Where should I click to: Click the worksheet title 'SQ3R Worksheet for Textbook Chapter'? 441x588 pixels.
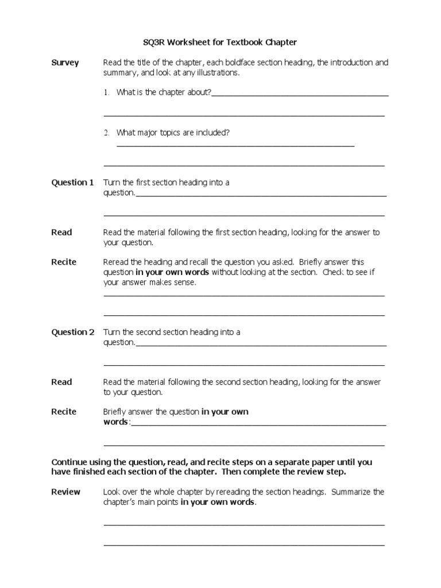click(220, 42)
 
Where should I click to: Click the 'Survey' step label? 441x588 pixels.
click(65, 63)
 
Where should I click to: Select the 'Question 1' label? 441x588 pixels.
click(72, 183)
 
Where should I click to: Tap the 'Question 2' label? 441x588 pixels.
click(72, 332)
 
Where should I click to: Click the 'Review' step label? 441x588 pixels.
click(65, 492)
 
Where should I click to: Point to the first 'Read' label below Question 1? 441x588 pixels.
click(61, 232)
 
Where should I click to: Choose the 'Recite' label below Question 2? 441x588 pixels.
click(64, 412)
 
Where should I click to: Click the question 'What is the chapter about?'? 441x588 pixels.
click(164, 92)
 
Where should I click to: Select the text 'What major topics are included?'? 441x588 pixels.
click(173, 133)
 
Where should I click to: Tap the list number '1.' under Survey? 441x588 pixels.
click(106, 92)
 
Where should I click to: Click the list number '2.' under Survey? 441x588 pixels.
click(106, 133)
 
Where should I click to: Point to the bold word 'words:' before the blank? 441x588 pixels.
click(117, 422)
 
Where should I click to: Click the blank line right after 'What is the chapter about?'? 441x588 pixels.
click(300, 95)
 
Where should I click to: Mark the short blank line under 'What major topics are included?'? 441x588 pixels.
click(235, 146)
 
